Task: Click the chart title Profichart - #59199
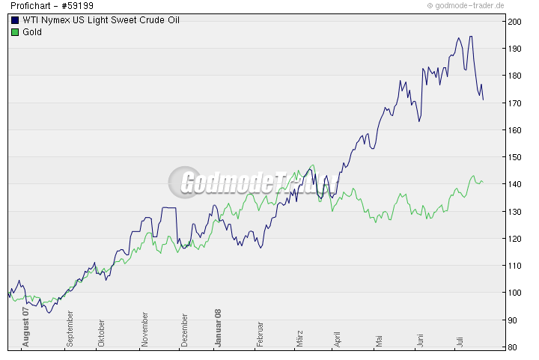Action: coord(52,6)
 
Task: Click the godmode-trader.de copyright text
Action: coord(476,6)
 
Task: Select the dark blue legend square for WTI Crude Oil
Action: coord(15,20)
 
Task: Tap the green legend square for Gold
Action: coord(15,32)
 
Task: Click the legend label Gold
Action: coord(32,32)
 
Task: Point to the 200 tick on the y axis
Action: coord(514,21)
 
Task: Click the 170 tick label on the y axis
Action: coord(514,103)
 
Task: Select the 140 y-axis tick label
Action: coord(514,184)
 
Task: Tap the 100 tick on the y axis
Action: coord(514,293)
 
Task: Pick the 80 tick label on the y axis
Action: coord(514,347)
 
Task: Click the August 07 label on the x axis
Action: coord(25,326)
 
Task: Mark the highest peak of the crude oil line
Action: coord(469,36)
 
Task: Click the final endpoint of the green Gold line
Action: coord(483,183)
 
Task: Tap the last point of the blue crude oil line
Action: coord(484,100)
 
